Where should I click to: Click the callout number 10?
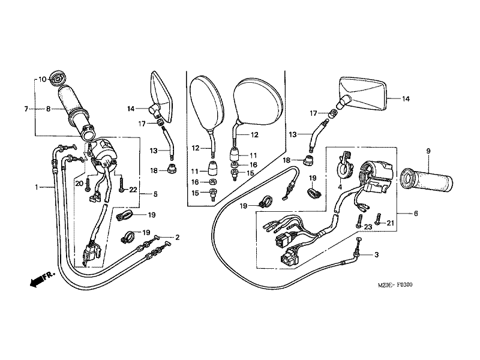click(43, 79)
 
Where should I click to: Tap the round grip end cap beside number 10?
click(59, 78)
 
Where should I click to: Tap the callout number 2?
click(177, 237)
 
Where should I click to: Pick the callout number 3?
click(376, 255)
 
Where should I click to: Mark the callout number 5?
click(155, 194)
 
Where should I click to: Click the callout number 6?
click(415, 213)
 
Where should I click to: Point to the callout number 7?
click(26, 109)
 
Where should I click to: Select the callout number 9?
click(428, 151)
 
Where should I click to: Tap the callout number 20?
click(79, 182)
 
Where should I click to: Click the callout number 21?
click(391, 223)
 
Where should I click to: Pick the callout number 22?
click(133, 190)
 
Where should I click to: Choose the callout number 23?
click(368, 226)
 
